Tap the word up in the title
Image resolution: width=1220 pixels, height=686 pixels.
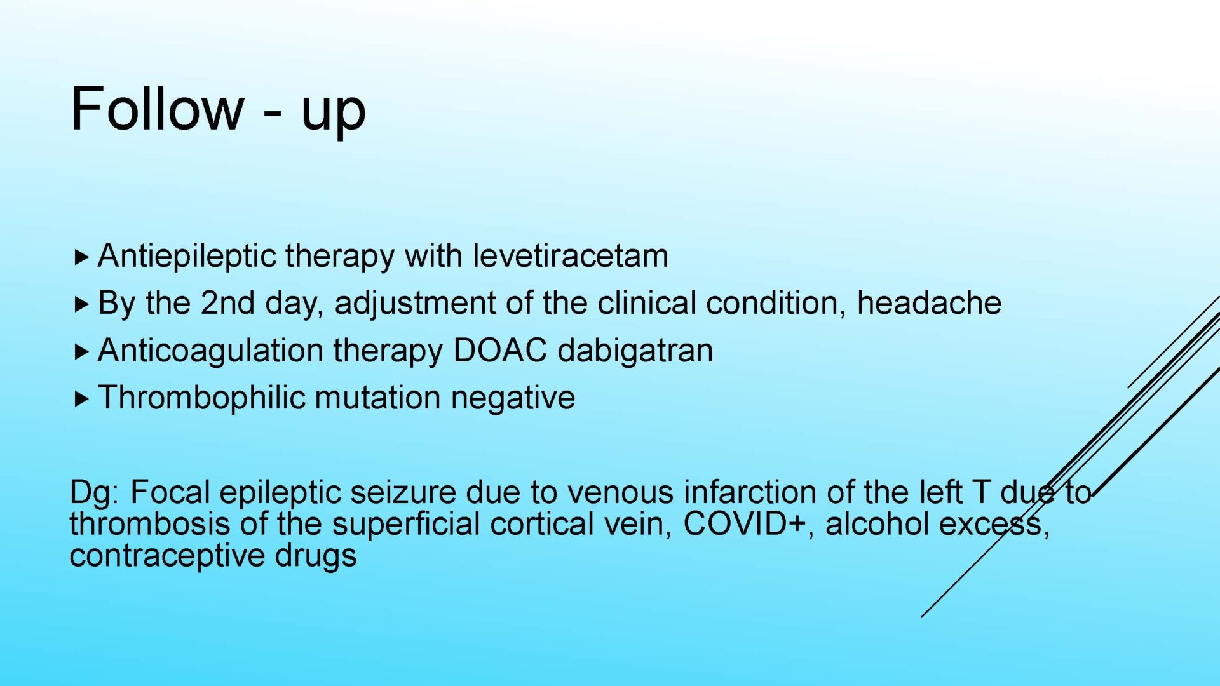point(334,113)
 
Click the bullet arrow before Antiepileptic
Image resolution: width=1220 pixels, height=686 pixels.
point(81,257)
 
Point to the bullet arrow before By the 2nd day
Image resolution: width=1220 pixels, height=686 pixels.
point(81,304)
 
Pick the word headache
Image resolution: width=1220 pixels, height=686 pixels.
point(929,302)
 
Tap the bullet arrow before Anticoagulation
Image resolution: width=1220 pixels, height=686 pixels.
point(81,352)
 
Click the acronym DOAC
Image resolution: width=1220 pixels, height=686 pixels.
point(500,350)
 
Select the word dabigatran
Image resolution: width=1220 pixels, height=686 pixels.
point(635,350)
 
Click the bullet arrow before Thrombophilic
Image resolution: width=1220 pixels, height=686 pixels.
point(81,399)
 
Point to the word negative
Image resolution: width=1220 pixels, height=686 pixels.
point(513,398)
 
